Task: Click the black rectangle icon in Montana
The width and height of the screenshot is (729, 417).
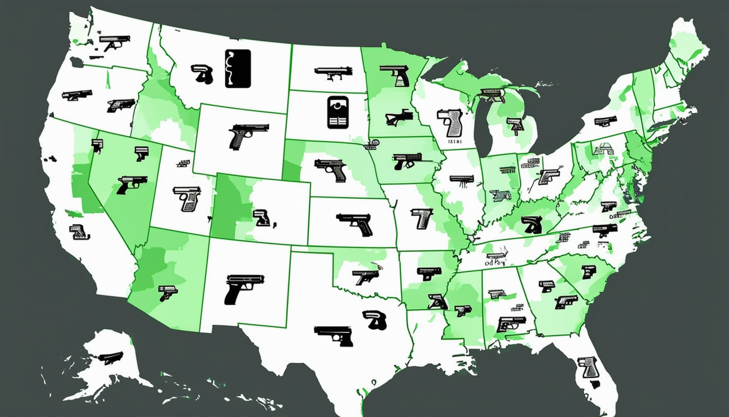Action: click(x=238, y=68)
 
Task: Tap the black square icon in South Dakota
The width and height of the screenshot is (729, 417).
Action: click(x=337, y=112)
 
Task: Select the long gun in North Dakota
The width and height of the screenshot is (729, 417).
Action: click(x=332, y=72)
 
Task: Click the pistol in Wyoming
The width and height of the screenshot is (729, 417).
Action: click(x=248, y=136)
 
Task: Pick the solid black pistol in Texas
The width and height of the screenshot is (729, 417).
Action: click(x=334, y=335)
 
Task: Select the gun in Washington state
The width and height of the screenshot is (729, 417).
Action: click(x=115, y=42)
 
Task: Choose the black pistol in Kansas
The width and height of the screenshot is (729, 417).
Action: click(x=355, y=223)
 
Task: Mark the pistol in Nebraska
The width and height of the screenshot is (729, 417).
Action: click(x=331, y=169)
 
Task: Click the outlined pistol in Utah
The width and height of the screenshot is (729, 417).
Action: click(x=187, y=198)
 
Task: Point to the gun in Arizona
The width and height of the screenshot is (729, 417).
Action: click(x=168, y=292)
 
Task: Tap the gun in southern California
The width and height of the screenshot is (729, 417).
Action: click(x=79, y=231)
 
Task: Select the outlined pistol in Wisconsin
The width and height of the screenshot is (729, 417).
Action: click(x=450, y=122)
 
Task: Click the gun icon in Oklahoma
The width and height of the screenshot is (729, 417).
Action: click(x=365, y=276)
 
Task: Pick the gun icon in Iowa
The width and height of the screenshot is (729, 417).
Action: click(x=406, y=160)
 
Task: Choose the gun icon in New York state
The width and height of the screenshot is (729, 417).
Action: click(x=605, y=121)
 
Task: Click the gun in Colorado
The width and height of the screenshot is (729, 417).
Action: click(x=261, y=217)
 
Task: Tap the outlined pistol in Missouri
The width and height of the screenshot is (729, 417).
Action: click(x=421, y=217)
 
